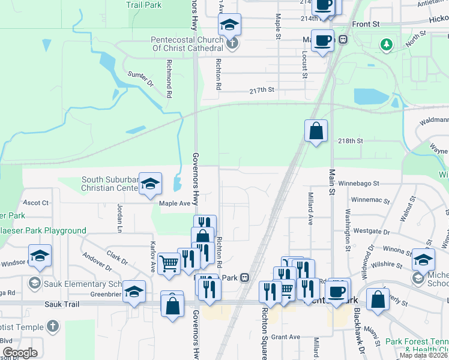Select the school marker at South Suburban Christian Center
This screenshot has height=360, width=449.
coord(150,184)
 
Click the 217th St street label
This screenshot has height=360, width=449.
coord(262,90)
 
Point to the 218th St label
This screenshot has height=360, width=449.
coord(351,140)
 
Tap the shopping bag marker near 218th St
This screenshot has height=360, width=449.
coord(316,130)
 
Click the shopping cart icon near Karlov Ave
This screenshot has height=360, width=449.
coord(169,262)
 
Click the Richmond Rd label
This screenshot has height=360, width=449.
coord(169,78)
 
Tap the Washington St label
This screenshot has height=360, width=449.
coord(348,229)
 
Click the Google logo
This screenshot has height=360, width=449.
coord(20,353)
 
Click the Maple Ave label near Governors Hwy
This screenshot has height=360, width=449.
coord(174,203)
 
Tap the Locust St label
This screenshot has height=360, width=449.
coord(305,64)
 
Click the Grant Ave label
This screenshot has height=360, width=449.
coord(286,337)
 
